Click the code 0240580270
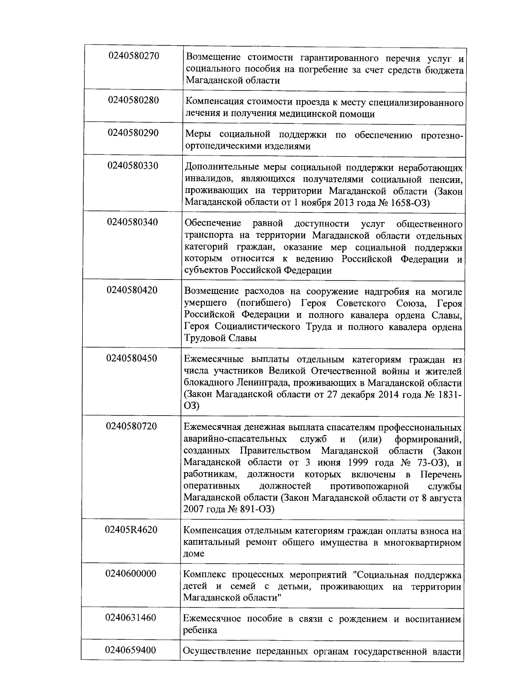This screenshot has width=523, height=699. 134,56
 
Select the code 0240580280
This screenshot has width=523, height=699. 134,100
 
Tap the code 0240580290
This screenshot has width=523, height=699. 133,133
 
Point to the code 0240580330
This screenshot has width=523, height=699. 133,166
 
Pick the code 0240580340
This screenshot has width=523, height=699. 132,222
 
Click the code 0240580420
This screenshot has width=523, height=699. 132,290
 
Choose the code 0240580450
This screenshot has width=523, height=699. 132,358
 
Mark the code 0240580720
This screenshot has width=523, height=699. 131,426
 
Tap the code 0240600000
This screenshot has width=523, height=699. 131,574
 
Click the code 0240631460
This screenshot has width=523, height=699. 131,618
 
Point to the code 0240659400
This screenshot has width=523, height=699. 131,650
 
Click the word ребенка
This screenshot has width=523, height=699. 200,630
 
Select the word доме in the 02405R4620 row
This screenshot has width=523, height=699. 194,554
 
